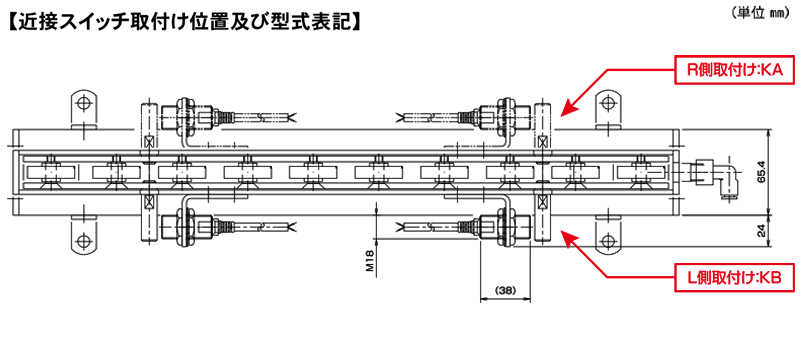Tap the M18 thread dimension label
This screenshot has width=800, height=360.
pyautogui.click(x=371, y=262)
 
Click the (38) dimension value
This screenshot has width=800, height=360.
pyautogui.click(x=506, y=290)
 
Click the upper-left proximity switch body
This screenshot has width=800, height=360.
pyautogui.click(x=187, y=112)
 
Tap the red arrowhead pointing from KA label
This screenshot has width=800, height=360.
pyautogui.click(x=570, y=107)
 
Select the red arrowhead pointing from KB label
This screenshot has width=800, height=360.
pyautogui.click(x=570, y=236)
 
